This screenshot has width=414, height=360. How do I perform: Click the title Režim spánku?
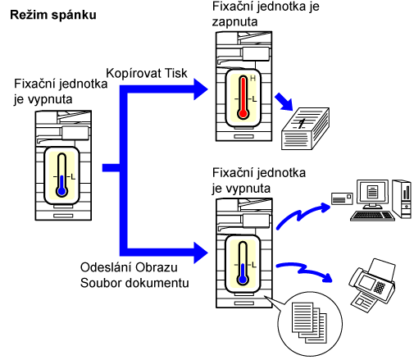53,16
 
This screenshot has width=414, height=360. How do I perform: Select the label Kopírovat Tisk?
147,73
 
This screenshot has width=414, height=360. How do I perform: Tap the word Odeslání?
105,267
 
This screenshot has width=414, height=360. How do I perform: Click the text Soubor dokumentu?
134,283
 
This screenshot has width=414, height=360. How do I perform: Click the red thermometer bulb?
243,113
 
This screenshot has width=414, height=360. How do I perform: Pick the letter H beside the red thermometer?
252,79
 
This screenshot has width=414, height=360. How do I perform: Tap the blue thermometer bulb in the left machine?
62,191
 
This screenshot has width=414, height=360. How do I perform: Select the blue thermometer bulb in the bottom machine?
243,280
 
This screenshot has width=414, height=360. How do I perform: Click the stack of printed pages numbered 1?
305,129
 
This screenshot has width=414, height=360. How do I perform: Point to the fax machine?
372,285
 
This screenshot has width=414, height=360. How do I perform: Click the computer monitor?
372,194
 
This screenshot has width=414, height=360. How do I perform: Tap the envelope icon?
342,198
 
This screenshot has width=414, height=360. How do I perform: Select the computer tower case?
402,198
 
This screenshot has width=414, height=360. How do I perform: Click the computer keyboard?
372,216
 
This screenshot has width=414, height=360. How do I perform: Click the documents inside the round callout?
309,322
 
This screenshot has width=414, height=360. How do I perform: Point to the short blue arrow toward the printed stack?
284,102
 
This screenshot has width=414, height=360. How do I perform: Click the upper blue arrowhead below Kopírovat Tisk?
201,89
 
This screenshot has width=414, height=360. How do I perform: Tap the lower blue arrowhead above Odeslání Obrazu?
201,253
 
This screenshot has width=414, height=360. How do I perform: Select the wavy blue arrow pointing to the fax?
304,271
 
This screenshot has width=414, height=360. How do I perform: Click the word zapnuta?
234,22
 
